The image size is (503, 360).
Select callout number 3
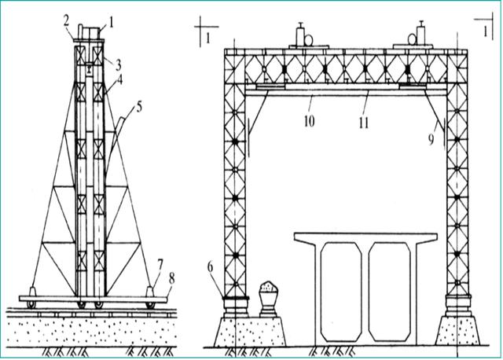[x=116, y=61]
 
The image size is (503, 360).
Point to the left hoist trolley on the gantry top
[x=302, y=38]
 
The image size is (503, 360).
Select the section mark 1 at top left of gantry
[x=207, y=37]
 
